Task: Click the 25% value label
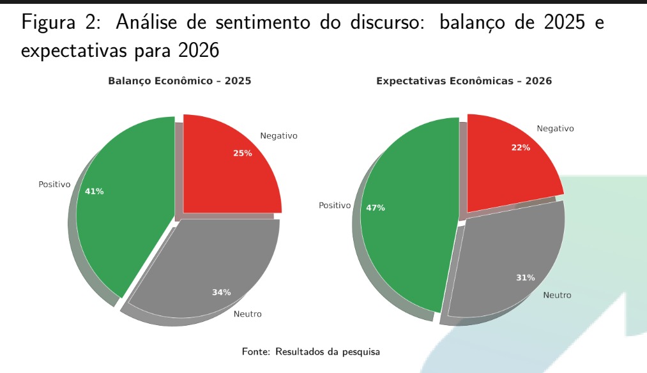point(243,153)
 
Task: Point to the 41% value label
point(95,191)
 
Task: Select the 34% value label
point(222,293)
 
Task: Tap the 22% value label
point(521,148)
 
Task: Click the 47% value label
point(376,208)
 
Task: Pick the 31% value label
point(526,277)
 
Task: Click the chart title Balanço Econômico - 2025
point(179,81)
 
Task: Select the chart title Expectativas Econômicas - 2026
point(464,81)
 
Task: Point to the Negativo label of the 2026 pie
point(555,128)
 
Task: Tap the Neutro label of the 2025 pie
point(247,314)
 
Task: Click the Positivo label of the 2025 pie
point(54,184)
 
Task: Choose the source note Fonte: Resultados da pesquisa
point(311,351)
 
